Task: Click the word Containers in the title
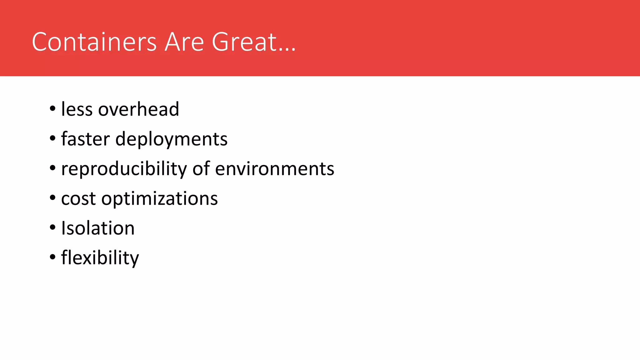(x=94, y=42)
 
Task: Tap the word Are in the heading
(x=184, y=42)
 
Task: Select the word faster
(x=85, y=139)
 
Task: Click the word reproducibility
(x=124, y=169)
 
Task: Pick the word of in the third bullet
(x=201, y=169)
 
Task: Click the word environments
(x=275, y=169)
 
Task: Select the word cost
(x=78, y=199)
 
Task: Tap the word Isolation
(x=98, y=228)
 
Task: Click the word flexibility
(x=100, y=258)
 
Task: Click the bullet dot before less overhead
(x=52, y=109)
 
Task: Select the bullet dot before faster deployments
(x=52, y=138)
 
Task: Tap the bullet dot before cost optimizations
(x=52, y=198)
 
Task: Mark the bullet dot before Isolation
(x=52, y=227)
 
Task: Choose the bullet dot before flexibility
(x=52, y=257)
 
